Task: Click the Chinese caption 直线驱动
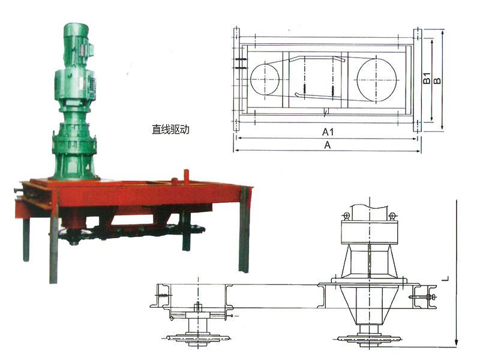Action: (170, 130)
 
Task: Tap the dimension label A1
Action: (328, 132)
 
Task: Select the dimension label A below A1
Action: (327, 145)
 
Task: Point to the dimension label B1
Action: (427, 78)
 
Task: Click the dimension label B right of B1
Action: (437, 80)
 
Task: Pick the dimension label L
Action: (446, 278)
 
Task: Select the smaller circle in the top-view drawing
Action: (265, 79)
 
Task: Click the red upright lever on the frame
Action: (186, 178)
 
